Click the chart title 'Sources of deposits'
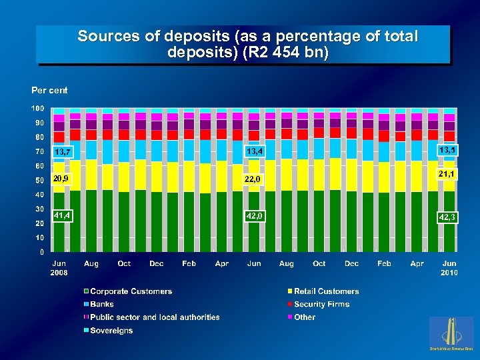(x=247, y=44)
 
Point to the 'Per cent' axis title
(x=49, y=90)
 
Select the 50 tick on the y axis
(x=39, y=180)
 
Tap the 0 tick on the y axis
(x=42, y=252)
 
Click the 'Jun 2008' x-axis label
(x=59, y=268)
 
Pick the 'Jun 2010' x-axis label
(x=449, y=268)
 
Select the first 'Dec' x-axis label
(x=156, y=264)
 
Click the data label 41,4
(x=63, y=215)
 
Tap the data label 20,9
(x=63, y=179)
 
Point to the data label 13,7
(x=63, y=153)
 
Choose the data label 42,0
(x=255, y=216)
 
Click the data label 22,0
(x=255, y=179)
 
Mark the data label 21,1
(x=447, y=174)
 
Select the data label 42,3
(x=447, y=217)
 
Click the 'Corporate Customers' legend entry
(x=131, y=291)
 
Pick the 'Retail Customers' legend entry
(x=326, y=291)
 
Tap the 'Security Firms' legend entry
(x=321, y=305)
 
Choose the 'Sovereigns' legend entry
(x=111, y=331)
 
